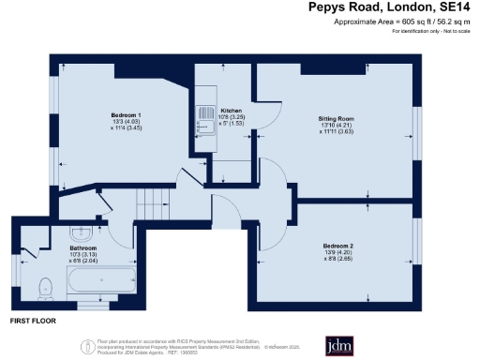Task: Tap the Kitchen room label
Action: coord(232,110)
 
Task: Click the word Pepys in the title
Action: coord(329,7)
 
